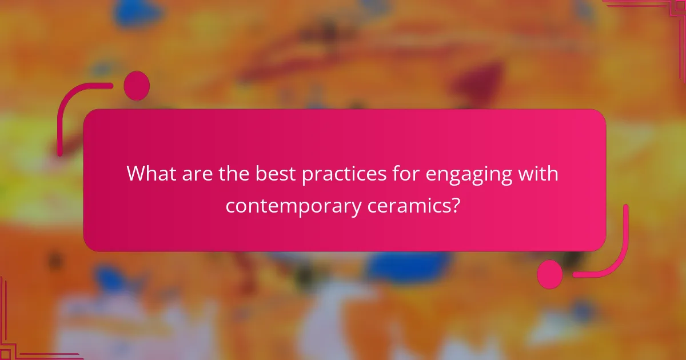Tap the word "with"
(x=539, y=173)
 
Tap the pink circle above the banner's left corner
(x=137, y=86)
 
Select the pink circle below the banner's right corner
(x=550, y=274)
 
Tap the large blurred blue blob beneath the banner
(x=406, y=266)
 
